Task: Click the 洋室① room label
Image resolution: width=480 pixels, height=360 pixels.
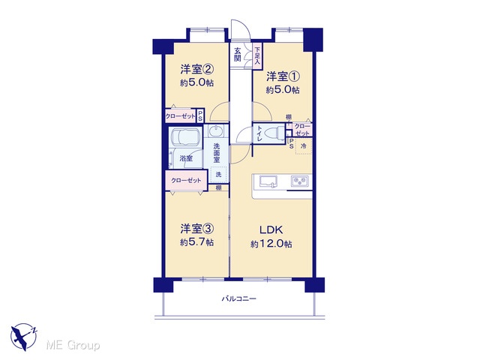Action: point(283,76)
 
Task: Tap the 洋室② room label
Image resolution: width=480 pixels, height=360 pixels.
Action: point(196,69)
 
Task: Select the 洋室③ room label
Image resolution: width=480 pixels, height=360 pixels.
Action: point(196,229)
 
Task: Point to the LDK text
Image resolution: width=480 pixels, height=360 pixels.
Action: point(271,229)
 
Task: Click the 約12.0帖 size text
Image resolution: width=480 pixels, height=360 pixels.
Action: point(271,244)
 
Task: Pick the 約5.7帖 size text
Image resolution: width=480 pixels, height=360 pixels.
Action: point(196,242)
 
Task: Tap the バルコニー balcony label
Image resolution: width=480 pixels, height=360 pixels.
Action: point(238,298)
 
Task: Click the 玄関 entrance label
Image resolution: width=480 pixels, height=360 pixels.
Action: point(238,55)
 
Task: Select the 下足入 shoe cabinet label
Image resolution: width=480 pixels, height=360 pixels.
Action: point(257,55)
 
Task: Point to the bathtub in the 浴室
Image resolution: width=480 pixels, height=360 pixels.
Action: point(185,136)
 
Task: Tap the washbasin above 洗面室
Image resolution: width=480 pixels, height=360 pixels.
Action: point(217,131)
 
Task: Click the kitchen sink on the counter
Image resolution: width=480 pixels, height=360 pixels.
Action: point(268,181)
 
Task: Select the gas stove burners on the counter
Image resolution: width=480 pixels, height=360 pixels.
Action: point(300,181)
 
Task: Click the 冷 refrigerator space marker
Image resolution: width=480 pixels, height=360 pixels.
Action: point(304,146)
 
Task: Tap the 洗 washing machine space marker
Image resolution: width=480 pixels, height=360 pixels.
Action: point(218,175)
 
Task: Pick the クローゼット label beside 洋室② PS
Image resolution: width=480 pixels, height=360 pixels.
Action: point(180,116)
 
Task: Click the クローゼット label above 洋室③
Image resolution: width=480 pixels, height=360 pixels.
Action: point(186,180)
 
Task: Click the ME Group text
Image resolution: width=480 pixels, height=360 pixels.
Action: point(73,345)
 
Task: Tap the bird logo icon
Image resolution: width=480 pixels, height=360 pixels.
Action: point(23,337)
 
